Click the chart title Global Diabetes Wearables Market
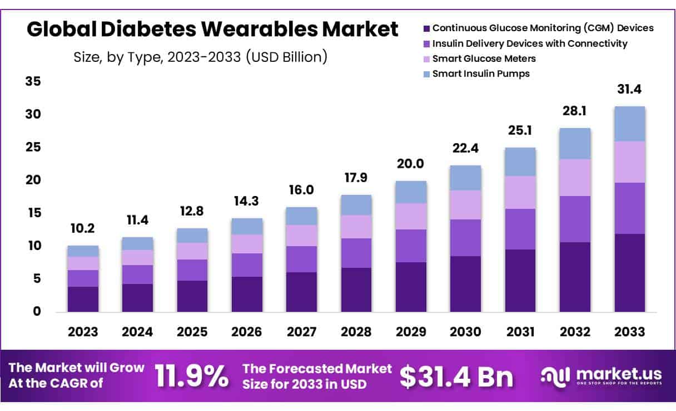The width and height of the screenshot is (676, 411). point(212,29)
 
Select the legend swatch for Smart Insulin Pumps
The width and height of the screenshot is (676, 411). point(426,74)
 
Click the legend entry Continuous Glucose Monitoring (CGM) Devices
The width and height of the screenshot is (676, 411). point(543,28)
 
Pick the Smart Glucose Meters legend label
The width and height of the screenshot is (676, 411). point(484,58)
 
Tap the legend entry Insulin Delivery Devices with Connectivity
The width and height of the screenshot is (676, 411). point(529,43)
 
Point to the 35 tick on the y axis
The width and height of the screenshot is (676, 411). point(33,82)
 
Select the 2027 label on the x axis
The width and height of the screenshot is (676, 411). point(301,332)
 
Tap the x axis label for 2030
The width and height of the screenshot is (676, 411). point(465,332)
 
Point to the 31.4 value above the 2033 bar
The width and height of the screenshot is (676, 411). point(629,90)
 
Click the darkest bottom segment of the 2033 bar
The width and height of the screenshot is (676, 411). point(629,272)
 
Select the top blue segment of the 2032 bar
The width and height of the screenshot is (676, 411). point(575,144)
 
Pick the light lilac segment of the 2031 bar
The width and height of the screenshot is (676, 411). point(520,193)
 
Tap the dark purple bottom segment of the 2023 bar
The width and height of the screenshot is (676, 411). point(83,299)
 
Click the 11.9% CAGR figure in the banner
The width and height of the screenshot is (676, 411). point(191,377)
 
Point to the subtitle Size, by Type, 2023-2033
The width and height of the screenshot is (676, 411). point(200,57)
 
